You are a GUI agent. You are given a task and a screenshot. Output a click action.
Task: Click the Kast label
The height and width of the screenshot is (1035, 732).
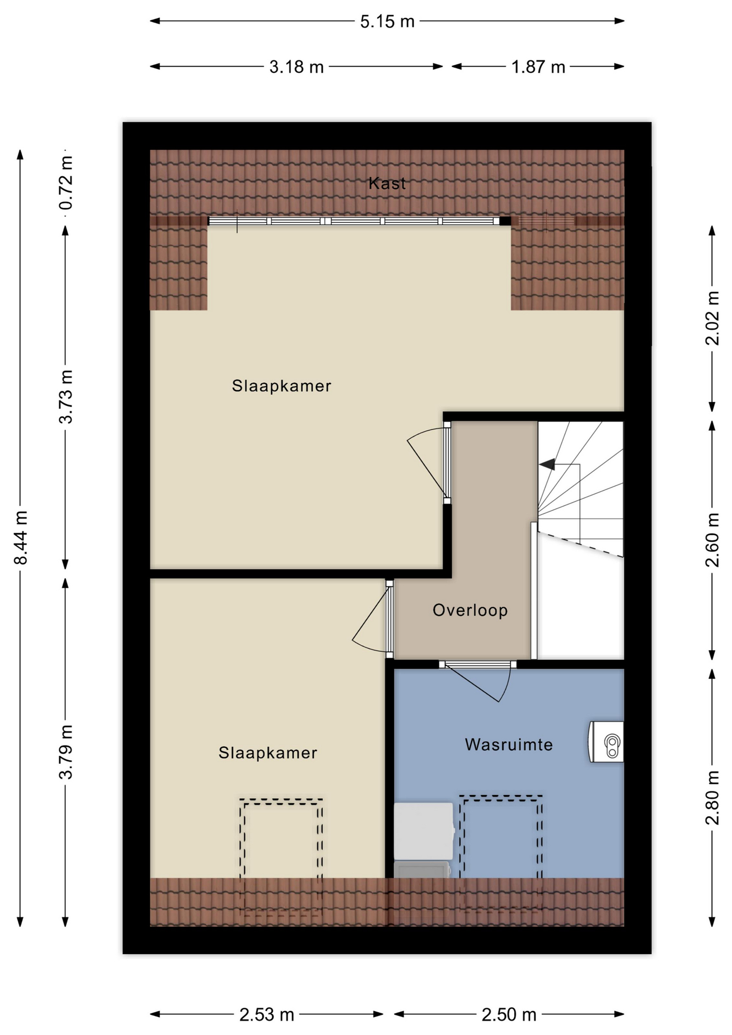point(387,183)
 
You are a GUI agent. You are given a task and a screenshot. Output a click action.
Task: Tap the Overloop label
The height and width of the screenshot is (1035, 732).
point(470,610)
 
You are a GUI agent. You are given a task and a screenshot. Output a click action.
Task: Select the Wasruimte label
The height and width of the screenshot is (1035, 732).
point(509,744)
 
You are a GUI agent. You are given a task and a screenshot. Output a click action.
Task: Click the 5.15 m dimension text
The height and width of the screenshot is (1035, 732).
point(387,22)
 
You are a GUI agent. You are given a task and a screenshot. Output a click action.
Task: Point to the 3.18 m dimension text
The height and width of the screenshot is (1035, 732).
point(296,67)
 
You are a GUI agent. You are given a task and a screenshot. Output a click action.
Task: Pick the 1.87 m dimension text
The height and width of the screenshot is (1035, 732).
point(538,67)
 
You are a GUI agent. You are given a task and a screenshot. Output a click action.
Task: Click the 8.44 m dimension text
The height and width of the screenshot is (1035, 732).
point(20,537)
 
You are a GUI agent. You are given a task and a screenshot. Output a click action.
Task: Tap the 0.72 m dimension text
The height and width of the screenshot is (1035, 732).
point(66,183)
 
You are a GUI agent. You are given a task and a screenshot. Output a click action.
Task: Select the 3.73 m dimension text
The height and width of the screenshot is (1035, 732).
point(66,397)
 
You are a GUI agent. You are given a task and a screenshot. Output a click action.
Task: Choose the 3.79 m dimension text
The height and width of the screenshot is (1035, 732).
point(66,752)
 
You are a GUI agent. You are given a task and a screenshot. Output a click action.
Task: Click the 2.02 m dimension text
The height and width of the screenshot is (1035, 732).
point(712,318)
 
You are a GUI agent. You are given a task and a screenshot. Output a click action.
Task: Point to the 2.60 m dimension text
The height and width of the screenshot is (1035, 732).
point(712,540)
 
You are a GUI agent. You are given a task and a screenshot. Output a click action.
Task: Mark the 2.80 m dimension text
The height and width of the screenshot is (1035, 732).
point(712,798)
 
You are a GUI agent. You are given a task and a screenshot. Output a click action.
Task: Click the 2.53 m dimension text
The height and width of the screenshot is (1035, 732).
point(267,1015)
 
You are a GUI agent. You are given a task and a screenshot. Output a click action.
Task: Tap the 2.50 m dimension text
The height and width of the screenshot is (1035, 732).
point(509,1015)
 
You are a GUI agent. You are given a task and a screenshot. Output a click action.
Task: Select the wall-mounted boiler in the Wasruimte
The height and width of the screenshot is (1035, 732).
point(606,742)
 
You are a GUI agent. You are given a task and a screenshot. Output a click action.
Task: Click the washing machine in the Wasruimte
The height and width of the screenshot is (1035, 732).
point(424,831)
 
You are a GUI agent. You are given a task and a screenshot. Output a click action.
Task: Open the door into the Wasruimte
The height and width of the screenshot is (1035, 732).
point(478,680)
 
